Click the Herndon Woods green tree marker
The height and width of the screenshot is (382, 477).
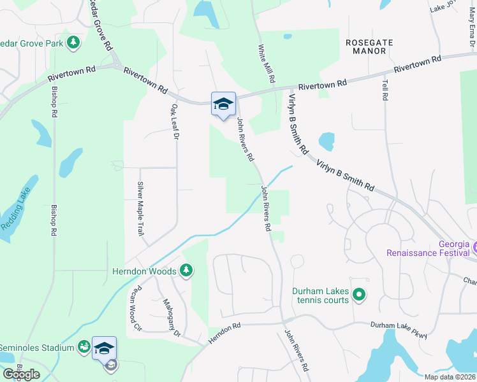click(186, 271)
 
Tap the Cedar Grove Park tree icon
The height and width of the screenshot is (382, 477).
click(74, 42)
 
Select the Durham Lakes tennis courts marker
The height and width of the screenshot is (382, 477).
click(358, 294)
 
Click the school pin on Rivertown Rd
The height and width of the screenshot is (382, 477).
click(223, 103)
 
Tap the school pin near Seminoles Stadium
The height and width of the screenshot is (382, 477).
click(104, 348)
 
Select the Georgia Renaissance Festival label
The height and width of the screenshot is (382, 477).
click(431, 248)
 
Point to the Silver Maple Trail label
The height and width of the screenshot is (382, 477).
click(140, 209)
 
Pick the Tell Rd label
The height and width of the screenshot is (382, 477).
click(385, 90)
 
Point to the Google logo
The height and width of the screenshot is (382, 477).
click(21, 374)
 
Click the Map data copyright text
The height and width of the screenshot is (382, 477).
click(450, 377)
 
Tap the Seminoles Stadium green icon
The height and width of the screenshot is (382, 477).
click(84, 347)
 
